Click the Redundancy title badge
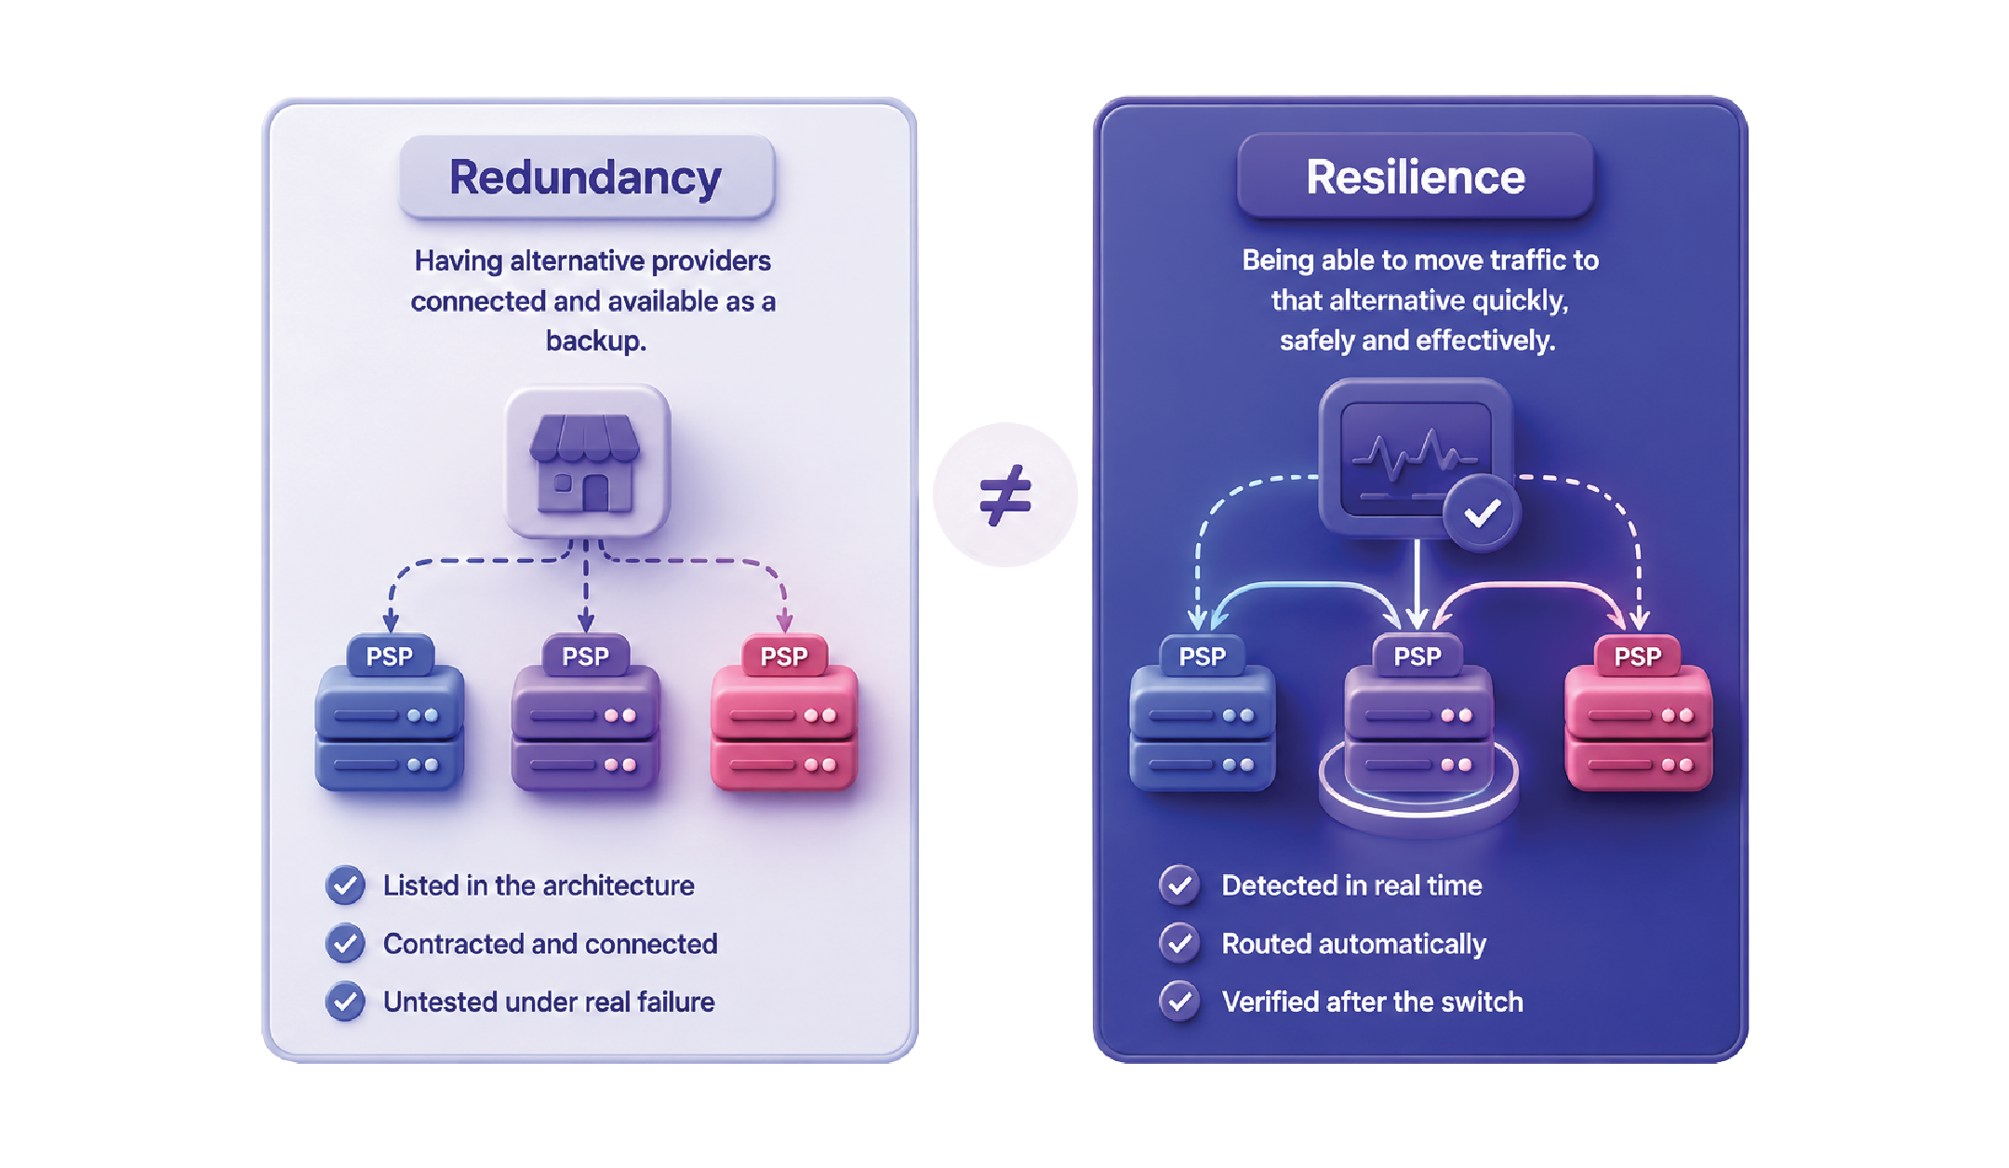coord(587,177)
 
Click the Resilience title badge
coord(1416,176)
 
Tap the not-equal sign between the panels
coord(1005,495)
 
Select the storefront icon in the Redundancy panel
coord(587,462)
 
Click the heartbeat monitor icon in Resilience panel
coord(1415,457)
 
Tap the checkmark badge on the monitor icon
coord(1482,512)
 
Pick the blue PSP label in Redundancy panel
coord(390,657)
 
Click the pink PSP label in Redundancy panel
coord(784,657)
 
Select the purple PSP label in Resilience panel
coord(1417,657)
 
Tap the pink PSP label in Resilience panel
coord(1638,657)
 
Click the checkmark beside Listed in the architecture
coord(345,885)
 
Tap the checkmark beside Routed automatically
coord(1179,943)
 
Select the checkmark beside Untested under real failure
coord(345,1002)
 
